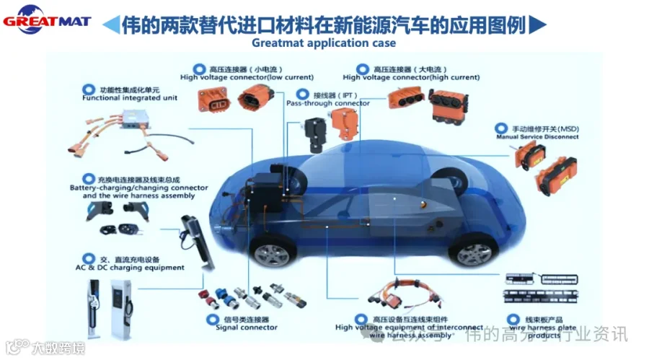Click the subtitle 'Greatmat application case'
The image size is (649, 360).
point(324,43)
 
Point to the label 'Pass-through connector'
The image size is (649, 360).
point(328,103)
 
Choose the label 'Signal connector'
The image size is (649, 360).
point(246,328)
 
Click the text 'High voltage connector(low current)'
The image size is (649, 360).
point(247,77)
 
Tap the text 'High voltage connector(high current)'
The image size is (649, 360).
point(411,77)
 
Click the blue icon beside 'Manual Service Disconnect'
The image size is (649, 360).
point(498,128)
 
